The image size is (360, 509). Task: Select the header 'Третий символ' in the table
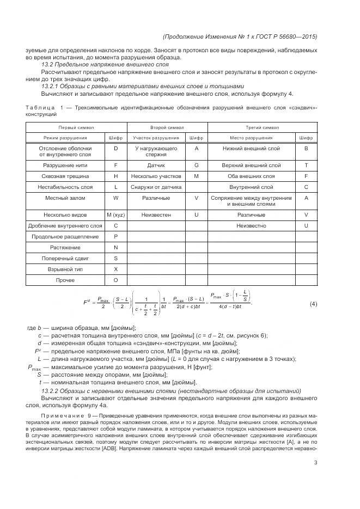pyautogui.click(x=263, y=127)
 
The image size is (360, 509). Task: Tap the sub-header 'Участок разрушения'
pyautogui.click(x=156, y=138)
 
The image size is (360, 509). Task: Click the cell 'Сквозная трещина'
pyautogui.click(x=65, y=176)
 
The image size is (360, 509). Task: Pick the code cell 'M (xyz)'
pyautogui.click(x=115, y=215)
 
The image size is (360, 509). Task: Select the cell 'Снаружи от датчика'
pyautogui.click(x=156, y=187)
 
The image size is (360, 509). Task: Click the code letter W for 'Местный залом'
pyautogui.click(x=115, y=198)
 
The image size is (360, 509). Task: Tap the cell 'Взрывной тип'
pyautogui.click(x=65, y=269)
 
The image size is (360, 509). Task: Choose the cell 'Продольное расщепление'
pyautogui.click(x=65, y=237)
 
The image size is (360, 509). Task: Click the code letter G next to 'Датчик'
pyautogui.click(x=196, y=164)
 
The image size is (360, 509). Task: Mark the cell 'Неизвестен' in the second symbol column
pyautogui.click(x=156, y=215)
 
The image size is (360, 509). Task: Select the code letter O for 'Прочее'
pyautogui.click(x=115, y=280)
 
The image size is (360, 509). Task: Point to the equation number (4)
pyautogui.click(x=313, y=303)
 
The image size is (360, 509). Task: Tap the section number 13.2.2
pyautogui.click(x=53, y=391)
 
